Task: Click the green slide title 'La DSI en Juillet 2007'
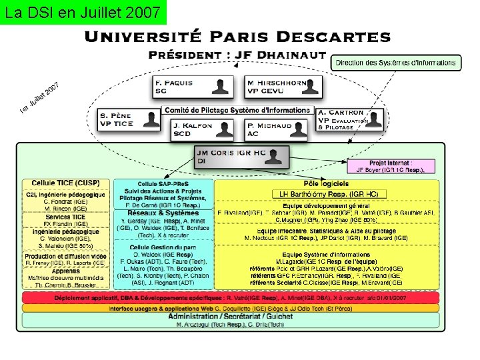click(82, 12)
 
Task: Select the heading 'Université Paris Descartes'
click(237, 38)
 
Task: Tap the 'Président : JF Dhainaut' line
click(237, 55)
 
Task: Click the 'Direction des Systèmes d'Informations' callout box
click(396, 63)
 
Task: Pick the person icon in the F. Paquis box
click(221, 87)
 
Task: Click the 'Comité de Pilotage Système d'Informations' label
click(239, 110)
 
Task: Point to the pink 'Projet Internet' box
click(395, 166)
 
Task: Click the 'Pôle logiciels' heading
click(325, 183)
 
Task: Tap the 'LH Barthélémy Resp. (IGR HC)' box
click(326, 194)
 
